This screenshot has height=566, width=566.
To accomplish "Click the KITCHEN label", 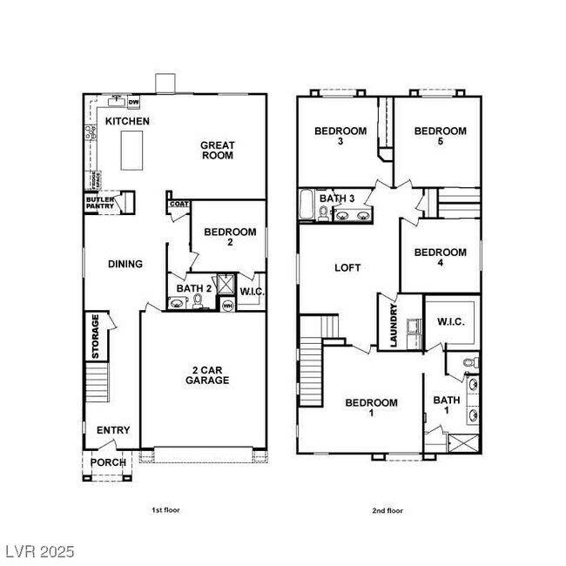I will point(127,122).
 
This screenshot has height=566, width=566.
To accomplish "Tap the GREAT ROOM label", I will point(218,152).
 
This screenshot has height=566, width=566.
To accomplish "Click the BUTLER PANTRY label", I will point(99,203).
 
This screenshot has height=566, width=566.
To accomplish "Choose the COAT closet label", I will point(179,204).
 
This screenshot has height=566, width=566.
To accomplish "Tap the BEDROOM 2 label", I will point(230,238).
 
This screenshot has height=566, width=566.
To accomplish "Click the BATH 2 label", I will point(194,288).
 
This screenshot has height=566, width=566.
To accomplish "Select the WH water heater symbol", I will point(227,306).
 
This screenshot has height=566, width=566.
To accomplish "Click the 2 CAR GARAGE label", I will point(206,374).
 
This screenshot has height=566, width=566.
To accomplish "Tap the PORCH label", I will point(108,462).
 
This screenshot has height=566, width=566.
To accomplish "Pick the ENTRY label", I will point(113,430).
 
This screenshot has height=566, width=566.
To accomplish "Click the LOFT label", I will point(347,268).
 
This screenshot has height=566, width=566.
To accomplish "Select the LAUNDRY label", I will point(394,325).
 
